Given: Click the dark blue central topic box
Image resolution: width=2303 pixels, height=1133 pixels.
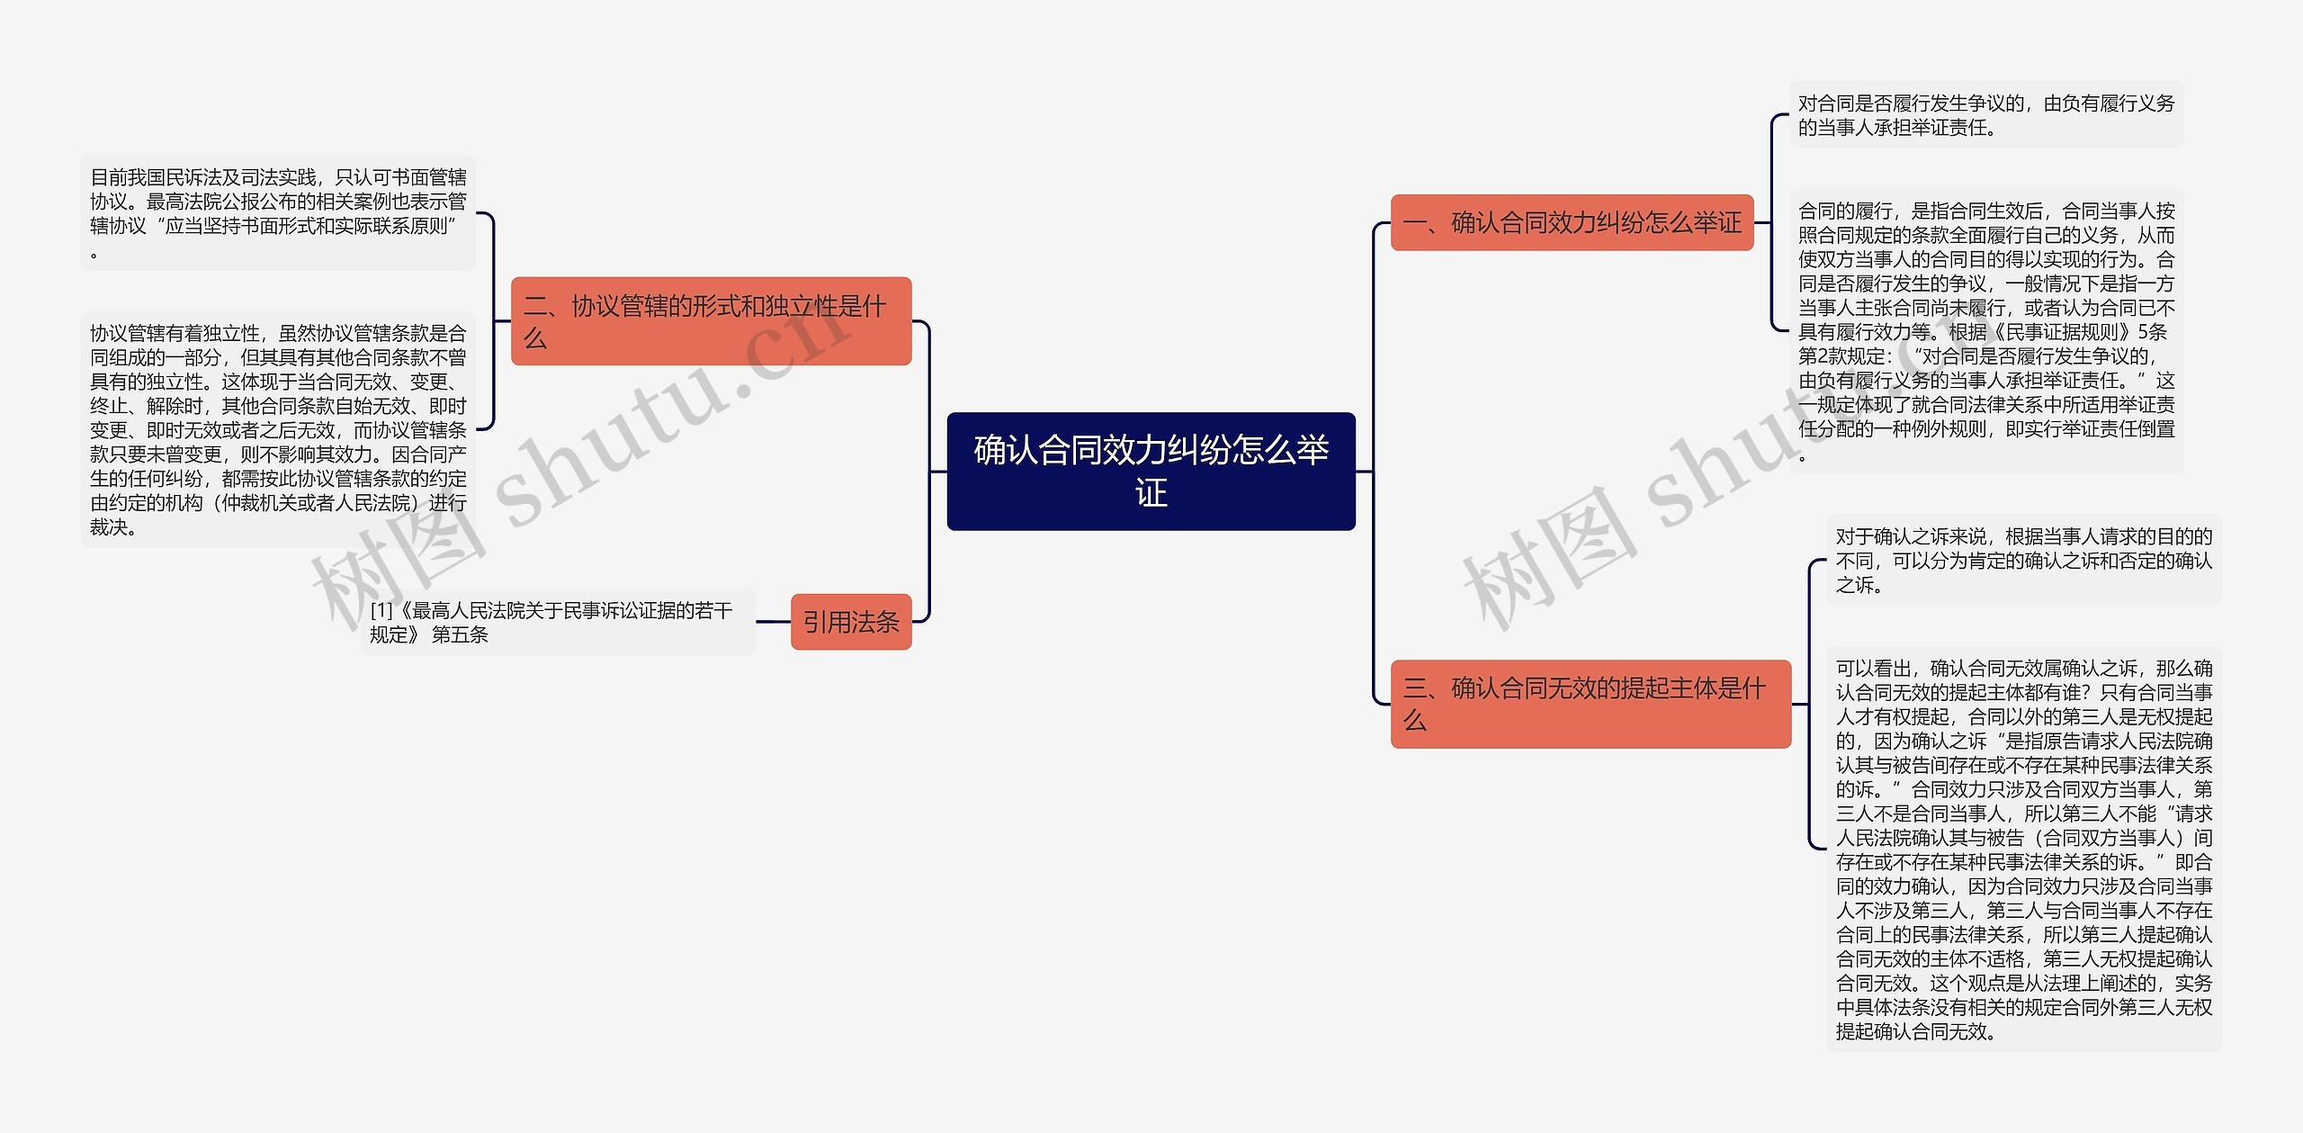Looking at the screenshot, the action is tap(1151, 471).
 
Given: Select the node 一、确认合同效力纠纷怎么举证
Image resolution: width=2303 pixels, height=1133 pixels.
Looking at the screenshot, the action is tap(1572, 222).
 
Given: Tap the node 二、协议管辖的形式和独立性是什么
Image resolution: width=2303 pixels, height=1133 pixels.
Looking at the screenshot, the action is tap(711, 321).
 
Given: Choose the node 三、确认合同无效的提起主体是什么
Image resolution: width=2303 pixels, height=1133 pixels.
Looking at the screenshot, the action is tap(1590, 704).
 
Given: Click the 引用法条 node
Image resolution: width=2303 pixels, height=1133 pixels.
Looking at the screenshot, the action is tap(850, 622).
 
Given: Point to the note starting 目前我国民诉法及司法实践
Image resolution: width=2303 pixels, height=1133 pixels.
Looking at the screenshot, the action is tap(278, 213).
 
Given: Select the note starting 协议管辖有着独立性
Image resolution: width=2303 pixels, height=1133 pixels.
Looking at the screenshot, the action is tap(278, 429).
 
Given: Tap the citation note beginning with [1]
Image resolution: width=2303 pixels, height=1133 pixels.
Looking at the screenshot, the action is tap(557, 622).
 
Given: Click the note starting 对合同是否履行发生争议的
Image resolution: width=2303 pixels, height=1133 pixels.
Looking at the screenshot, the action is tap(1985, 115).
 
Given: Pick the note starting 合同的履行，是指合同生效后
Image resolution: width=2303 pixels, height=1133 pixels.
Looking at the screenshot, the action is tap(1985, 331).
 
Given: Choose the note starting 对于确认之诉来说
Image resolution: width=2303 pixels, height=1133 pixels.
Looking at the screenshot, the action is tap(2023, 560).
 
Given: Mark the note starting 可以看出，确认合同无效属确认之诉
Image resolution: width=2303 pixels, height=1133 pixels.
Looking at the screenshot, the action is tap(2023, 849).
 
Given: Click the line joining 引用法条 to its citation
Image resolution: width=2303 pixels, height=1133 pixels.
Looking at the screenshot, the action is tap(773, 621).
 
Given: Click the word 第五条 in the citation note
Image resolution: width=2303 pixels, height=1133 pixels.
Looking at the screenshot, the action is tap(460, 634).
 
